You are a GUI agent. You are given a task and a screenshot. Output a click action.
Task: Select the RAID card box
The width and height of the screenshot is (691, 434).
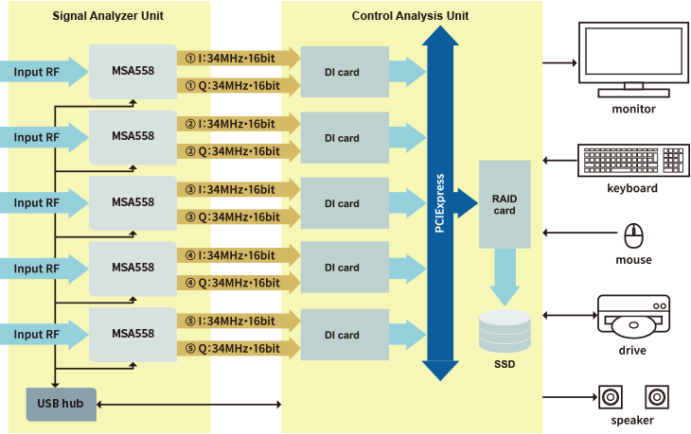pyautogui.click(x=504, y=204)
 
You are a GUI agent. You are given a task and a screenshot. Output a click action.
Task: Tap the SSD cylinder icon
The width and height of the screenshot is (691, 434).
pyautogui.click(x=504, y=331)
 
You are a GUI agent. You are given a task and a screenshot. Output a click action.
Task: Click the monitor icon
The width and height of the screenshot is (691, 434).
pyautogui.click(x=633, y=60)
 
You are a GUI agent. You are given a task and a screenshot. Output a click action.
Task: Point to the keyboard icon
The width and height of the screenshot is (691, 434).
pyautogui.click(x=631, y=160)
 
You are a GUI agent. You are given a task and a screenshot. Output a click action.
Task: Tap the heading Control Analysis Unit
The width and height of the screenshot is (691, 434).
pyautogui.click(x=410, y=16)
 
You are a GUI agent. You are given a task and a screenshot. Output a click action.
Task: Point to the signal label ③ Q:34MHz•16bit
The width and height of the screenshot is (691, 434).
pyautogui.click(x=232, y=217)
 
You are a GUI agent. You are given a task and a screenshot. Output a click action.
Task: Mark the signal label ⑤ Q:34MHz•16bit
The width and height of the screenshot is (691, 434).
pyautogui.click(x=232, y=349)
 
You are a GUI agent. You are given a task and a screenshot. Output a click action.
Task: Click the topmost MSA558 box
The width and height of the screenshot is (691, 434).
pyautogui.click(x=133, y=71)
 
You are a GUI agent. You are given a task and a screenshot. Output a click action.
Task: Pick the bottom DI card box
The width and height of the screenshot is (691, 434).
pyautogui.click(x=342, y=335)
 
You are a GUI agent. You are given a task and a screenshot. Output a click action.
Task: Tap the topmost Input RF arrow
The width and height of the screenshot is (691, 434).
pyautogui.click(x=43, y=72)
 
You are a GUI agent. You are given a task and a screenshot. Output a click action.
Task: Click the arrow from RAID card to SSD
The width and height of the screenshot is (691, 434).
pyautogui.click(x=504, y=276)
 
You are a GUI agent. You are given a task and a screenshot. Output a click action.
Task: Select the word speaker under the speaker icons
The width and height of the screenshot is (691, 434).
pyautogui.click(x=632, y=421)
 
